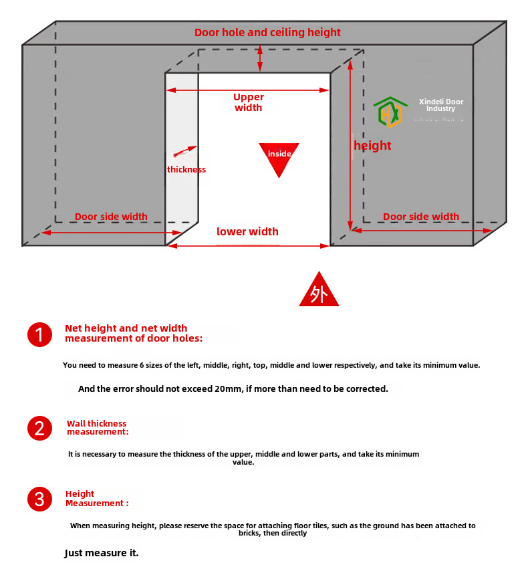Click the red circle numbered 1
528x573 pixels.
[39, 334]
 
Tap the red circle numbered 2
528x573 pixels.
[39, 428]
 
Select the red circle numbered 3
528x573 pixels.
[39, 499]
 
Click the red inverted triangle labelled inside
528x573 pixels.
[279, 157]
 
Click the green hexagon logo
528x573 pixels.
[390, 112]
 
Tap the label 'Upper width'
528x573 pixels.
[249, 102]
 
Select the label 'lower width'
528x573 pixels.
[247, 232]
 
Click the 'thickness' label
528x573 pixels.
[186, 170]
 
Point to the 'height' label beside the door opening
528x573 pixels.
[372, 146]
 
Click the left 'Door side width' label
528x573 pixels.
[111, 217]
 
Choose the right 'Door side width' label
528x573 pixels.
[421, 217]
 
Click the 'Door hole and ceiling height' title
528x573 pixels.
[267, 32]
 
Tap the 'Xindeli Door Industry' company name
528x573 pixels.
[440, 105]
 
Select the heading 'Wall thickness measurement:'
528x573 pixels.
[97, 428]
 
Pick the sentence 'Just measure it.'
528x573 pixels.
[102, 553]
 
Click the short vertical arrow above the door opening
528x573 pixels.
[261, 59]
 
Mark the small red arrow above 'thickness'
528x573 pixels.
[185, 152]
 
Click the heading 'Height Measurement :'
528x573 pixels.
[96, 499]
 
